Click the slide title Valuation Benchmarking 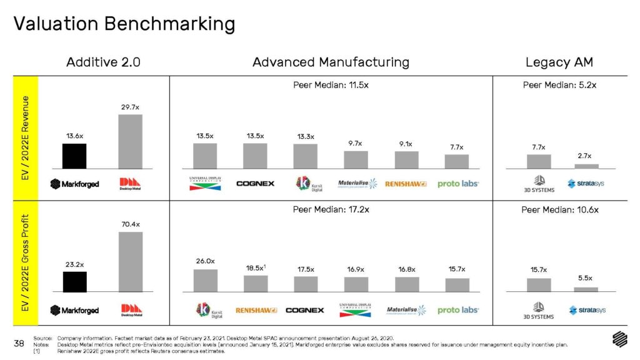pyautogui.click(x=124, y=24)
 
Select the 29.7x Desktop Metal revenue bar pyautogui.click(x=131, y=141)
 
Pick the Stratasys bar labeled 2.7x pyautogui.click(x=586, y=166)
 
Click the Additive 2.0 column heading pyautogui.click(x=103, y=62)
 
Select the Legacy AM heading pyautogui.click(x=559, y=62)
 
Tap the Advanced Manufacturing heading pyautogui.click(x=331, y=62)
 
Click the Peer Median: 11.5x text pyautogui.click(x=331, y=85)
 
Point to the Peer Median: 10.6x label pyautogui.click(x=559, y=209)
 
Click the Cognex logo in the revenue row pyautogui.click(x=255, y=184)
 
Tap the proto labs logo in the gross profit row pyautogui.click(x=457, y=310)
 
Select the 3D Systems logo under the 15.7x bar pyautogui.click(x=538, y=310)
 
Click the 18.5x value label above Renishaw pyautogui.click(x=255, y=268)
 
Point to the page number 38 pyautogui.click(x=19, y=343)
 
